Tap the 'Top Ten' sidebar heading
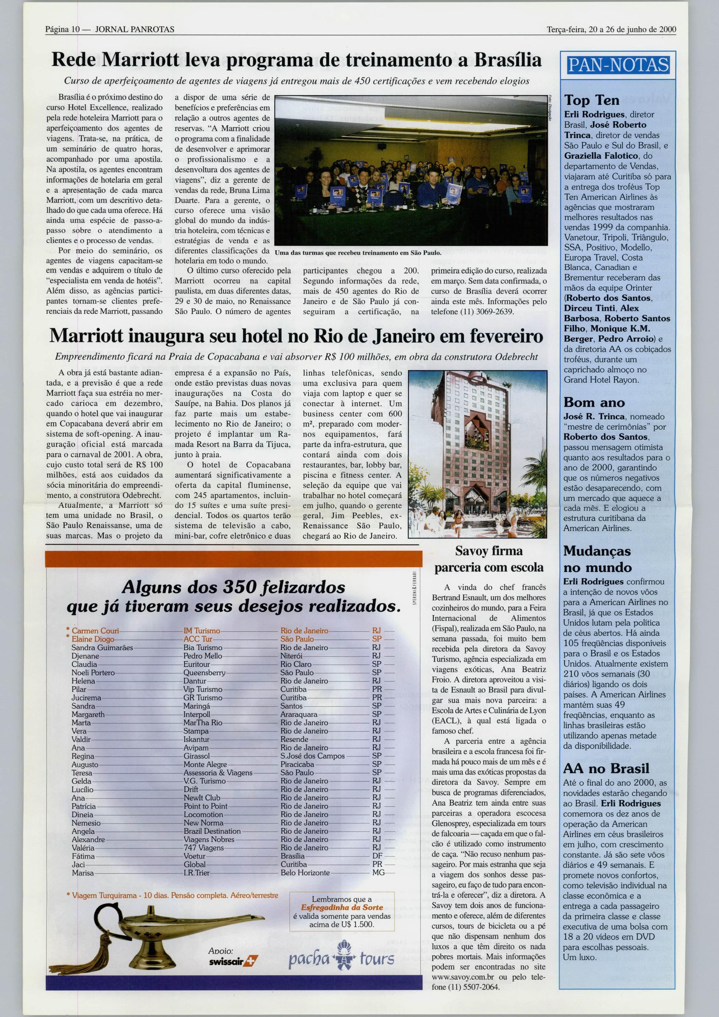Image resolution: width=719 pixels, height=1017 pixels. (x=591, y=100)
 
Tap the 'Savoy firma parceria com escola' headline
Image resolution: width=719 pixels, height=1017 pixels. (x=489, y=559)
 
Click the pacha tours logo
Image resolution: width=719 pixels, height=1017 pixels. (x=341, y=958)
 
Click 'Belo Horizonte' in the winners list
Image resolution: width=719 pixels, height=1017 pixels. (x=305, y=872)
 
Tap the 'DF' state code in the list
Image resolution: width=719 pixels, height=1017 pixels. (x=377, y=856)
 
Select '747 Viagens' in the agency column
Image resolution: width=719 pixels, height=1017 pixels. (x=204, y=847)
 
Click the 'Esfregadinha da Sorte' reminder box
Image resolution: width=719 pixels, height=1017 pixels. (x=341, y=912)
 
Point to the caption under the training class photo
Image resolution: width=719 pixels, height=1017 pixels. (x=358, y=252)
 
